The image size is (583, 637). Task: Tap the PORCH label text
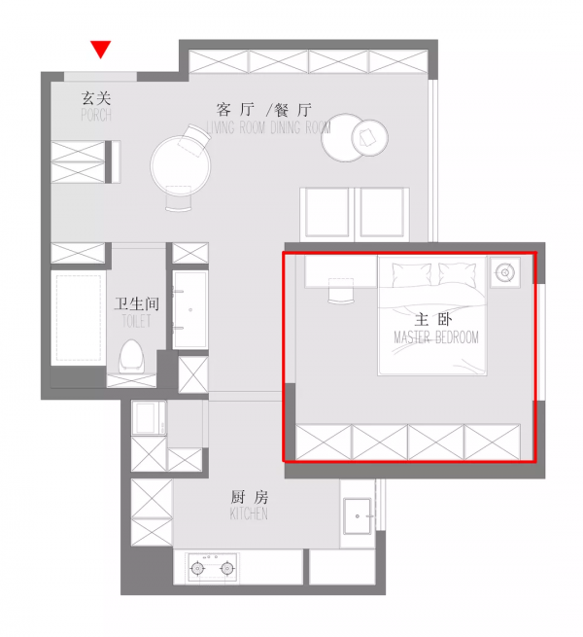pos(95,116)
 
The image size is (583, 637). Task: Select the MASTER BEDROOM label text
pos(436,337)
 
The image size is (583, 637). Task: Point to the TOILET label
pos(137,321)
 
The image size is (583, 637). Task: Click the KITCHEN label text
pos(249,513)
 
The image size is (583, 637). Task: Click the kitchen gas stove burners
pos(213,567)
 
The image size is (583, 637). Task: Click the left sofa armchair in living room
pos(328,211)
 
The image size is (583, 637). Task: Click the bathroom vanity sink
pos(189,309)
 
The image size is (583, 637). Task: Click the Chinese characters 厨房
pos(249,497)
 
